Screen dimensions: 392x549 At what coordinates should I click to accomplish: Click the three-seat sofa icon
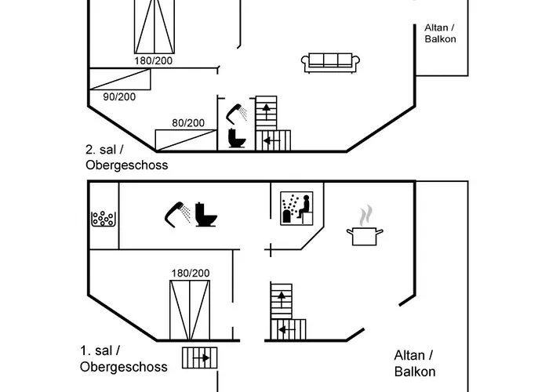tap(330, 62)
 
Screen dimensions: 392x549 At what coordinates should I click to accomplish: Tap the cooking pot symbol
tap(366, 236)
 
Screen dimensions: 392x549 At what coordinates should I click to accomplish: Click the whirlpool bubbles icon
tap(104, 220)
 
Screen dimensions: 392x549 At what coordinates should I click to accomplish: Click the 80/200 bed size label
tap(187, 122)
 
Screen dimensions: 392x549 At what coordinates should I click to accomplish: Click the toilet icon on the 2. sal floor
tap(236, 139)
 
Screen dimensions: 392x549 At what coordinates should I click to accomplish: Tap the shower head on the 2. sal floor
tap(236, 112)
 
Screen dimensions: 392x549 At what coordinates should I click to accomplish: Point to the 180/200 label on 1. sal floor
tap(191, 273)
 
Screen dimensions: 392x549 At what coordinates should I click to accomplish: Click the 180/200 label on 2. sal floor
tap(154, 60)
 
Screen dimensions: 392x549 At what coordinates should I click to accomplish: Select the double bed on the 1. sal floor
tap(190, 311)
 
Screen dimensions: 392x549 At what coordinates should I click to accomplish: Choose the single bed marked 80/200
tap(185, 140)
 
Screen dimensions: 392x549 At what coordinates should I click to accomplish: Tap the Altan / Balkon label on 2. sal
tap(440, 33)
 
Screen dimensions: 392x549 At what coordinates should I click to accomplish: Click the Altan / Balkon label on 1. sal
tap(414, 364)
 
